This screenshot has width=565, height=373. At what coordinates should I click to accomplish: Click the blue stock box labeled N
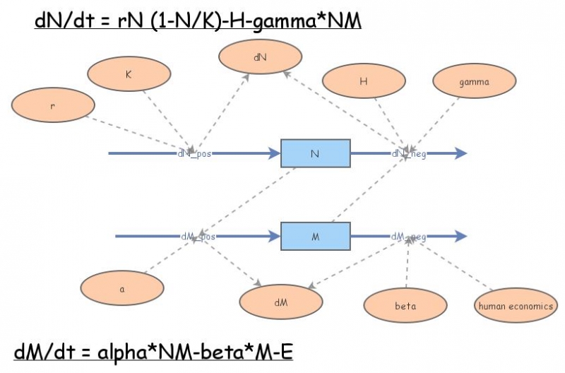click(315, 153)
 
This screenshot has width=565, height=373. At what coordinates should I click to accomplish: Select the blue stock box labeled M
click(315, 236)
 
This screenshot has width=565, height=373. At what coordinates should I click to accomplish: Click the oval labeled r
click(53, 107)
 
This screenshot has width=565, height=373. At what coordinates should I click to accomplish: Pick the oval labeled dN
click(261, 57)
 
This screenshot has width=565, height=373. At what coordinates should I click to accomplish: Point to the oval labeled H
click(363, 81)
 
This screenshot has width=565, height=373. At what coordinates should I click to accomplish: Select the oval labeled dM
click(281, 302)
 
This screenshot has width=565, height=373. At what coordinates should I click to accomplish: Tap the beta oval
click(405, 306)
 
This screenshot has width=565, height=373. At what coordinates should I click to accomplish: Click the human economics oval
click(516, 306)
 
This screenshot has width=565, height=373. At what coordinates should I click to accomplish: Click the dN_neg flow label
click(409, 153)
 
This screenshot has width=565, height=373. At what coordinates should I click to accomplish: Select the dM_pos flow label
click(198, 237)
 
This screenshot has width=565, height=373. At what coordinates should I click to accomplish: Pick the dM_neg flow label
click(409, 237)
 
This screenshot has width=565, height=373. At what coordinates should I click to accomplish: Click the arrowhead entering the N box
click(275, 153)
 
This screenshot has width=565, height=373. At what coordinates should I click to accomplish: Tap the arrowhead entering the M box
click(275, 236)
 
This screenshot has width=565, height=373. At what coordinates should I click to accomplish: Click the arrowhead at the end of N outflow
click(460, 153)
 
